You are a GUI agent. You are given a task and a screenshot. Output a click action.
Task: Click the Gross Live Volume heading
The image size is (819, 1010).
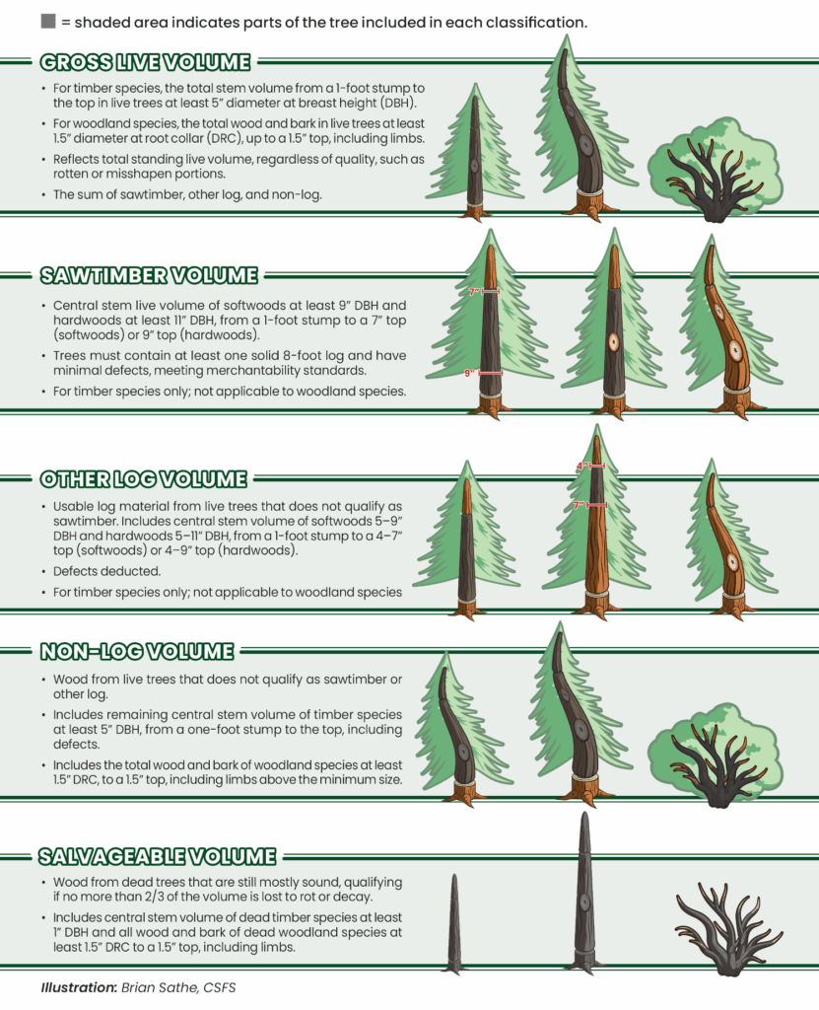145,63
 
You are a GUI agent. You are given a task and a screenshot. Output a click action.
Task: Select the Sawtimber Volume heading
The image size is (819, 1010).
149,274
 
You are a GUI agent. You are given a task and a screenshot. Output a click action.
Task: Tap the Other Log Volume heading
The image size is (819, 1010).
143,479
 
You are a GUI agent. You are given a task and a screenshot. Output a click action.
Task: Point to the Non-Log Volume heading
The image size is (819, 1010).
136,652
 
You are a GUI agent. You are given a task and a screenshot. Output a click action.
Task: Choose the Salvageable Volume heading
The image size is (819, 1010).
156,856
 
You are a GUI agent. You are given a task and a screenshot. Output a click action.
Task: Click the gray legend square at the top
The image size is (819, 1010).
48,22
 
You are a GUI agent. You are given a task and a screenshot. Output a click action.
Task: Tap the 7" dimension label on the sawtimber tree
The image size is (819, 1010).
474,292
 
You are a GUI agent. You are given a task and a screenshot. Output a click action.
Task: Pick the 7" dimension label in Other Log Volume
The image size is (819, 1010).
580,505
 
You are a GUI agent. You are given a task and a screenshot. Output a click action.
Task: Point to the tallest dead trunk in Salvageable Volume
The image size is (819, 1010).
584,893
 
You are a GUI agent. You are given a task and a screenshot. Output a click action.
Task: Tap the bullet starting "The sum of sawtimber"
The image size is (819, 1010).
186,194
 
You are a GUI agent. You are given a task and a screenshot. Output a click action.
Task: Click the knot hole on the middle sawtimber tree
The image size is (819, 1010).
612,341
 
